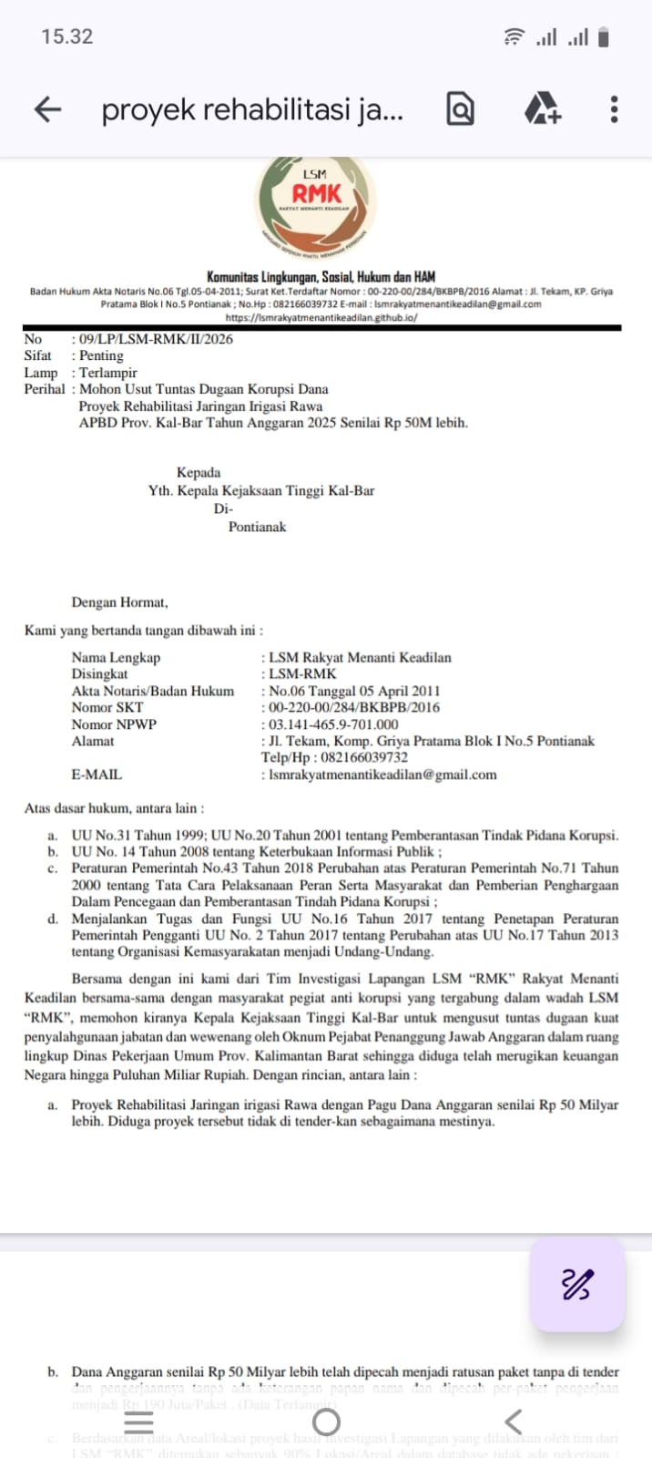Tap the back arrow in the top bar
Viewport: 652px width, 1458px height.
47,109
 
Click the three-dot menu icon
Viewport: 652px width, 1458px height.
615,109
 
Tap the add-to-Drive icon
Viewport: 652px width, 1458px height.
543,109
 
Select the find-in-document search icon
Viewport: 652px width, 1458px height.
461,109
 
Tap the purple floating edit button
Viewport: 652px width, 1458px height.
576,1284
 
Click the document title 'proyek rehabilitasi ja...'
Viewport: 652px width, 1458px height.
252,109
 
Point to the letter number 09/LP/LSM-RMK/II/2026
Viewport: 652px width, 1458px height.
156,339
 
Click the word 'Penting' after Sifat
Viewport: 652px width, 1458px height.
101,355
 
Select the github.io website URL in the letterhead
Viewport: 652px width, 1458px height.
321,318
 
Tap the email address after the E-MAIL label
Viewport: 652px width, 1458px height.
382,775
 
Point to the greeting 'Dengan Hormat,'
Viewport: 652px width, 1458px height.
119,602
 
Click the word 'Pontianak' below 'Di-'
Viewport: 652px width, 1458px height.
257,527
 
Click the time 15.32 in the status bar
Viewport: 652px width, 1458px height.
66,36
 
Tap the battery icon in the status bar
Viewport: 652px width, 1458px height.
603,37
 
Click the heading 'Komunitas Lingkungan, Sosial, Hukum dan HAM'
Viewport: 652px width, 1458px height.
321,276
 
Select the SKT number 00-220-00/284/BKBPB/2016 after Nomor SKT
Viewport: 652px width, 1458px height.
354,707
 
